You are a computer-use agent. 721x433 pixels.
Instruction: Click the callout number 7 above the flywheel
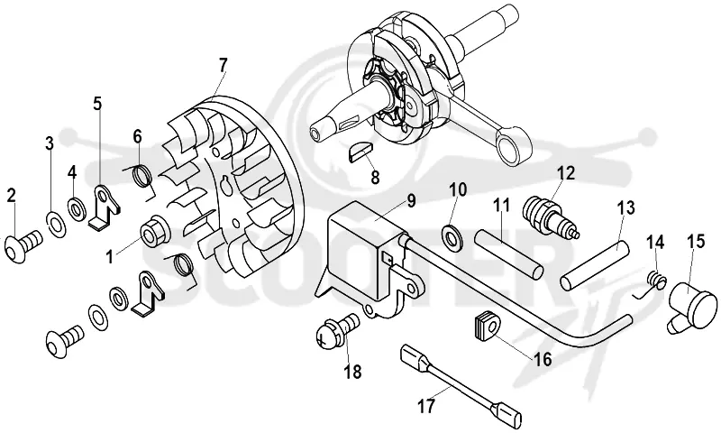pyautogui.click(x=223, y=65)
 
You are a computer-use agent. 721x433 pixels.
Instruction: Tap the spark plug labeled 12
pyautogui.click(x=550, y=216)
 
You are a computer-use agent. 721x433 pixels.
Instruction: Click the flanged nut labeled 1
pyautogui.click(x=154, y=231)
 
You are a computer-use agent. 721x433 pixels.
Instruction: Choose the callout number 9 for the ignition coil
pyautogui.click(x=411, y=202)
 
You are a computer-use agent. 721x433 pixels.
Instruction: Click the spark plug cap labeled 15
pyautogui.click(x=692, y=305)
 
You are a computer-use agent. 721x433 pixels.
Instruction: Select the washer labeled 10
pyautogui.click(x=453, y=234)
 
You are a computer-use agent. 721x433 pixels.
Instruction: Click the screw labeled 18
pyautogui.click(x=338, y=332)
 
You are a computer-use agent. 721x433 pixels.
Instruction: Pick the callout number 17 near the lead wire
pyautogui.click(x=426, y=407)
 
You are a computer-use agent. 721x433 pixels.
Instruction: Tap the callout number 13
pyautogui.click(x=625, y=208)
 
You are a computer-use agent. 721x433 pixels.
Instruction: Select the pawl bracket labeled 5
pyautogui.click(x=105, y=208)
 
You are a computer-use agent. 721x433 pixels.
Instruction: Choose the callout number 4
pyautogui.click(x=72, y=173)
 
